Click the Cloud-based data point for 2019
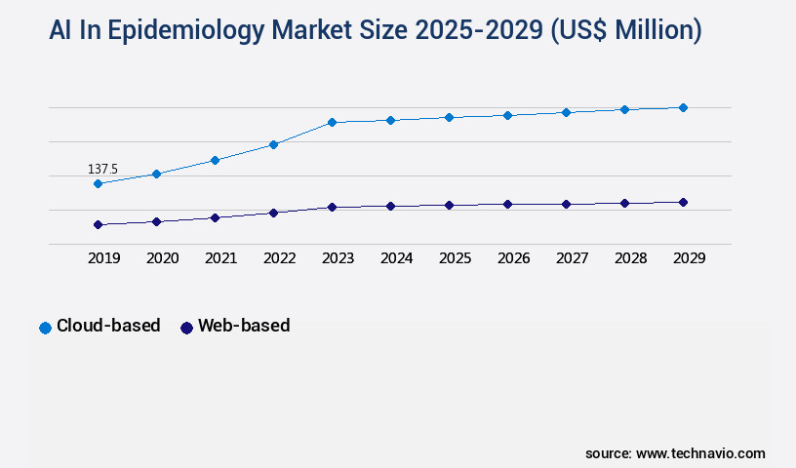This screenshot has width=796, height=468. click(98, 183)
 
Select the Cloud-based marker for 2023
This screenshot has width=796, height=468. click(332, 122)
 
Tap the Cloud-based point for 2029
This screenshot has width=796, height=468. click(683, 107)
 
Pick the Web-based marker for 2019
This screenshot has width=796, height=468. click(98, 224)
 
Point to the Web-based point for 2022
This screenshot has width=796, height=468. click(273, 213)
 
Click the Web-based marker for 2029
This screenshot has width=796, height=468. click(683, 202)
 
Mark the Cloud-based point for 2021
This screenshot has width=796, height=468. click(215, 160)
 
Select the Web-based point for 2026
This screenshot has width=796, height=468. click(507, 204)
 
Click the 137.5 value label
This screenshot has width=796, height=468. click(102, 170)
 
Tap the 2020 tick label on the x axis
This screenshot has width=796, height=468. click(162, 258)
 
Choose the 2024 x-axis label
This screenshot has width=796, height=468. click(396, 258)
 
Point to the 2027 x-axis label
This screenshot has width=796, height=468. click(572, 258)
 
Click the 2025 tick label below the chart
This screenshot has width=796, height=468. click(455, 258)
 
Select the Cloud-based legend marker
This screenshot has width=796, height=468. click(45, 328)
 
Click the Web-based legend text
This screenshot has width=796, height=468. click(243, 326)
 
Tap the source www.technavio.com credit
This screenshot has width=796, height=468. click(675, 453)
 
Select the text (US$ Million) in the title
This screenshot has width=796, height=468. click(626, 30)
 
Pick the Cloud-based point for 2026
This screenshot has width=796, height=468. click(507, 115)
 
